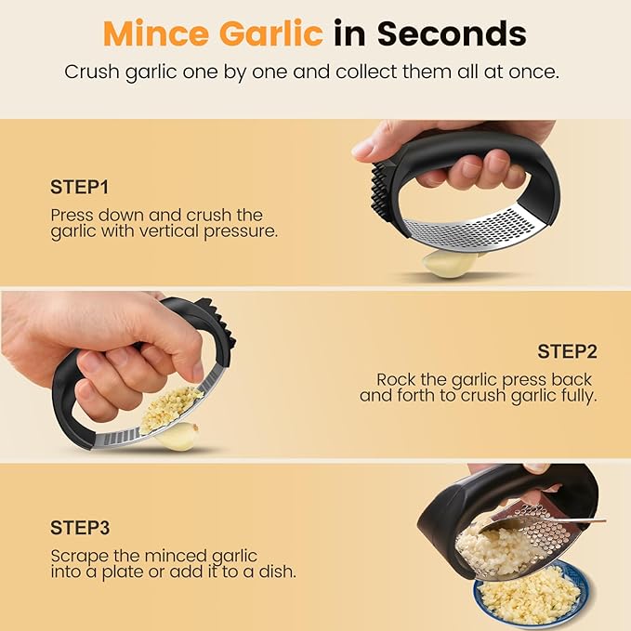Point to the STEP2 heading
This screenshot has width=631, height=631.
click(x=567, y=351)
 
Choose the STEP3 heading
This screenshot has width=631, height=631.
click(x=81, y=528)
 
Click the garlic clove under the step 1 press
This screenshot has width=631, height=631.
click(x=450, y=264)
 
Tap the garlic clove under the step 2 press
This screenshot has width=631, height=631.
click(x=179, y=435)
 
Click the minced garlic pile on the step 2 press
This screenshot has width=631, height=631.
click(x=171, y=408)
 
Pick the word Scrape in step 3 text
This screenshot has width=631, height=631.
click(x=75, y=555)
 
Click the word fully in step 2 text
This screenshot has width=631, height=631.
click(x=577, y=395)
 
